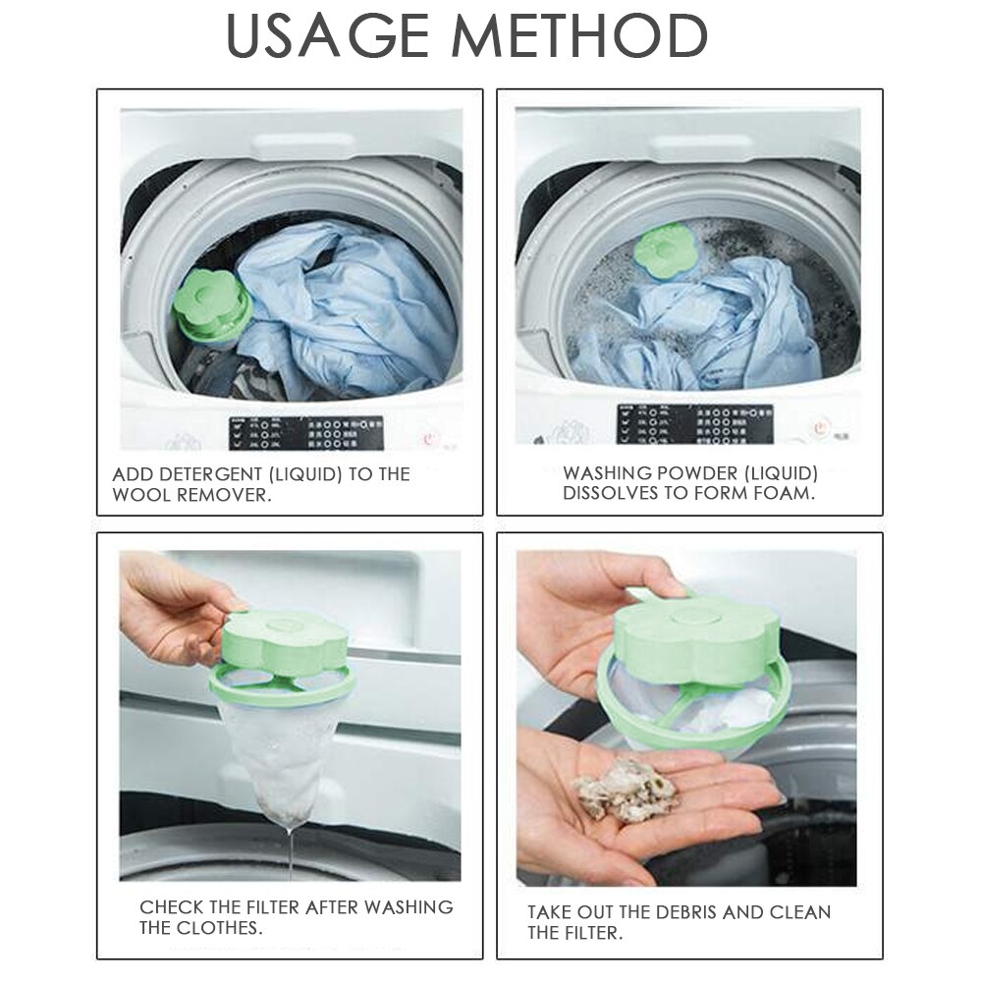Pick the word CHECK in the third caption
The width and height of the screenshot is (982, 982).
point(171,906)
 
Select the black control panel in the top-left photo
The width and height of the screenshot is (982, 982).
point(304,431)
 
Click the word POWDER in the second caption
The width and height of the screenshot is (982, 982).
point(706,473)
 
